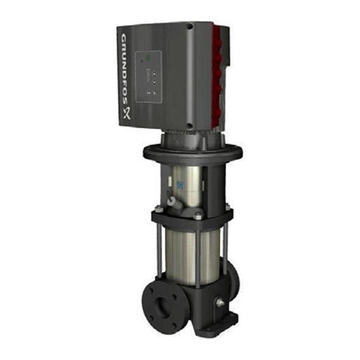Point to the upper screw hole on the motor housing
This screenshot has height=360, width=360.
pos(189,27)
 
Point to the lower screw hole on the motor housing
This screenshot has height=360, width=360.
pos(190,126)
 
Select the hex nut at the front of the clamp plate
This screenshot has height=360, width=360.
pos(198,216)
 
